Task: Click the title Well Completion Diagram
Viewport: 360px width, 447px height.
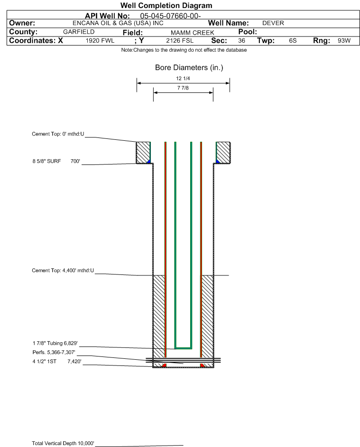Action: tap(166, 6)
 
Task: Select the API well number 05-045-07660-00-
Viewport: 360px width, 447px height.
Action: tap(171, 16)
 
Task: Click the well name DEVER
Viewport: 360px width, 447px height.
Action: tap(273, 23)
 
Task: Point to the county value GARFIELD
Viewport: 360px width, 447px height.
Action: tap(79, 32)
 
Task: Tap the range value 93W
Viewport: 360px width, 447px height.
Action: tap(344, 41)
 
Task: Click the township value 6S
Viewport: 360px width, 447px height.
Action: tap(293, 41)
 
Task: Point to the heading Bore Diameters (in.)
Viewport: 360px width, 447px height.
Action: tap(189, 68)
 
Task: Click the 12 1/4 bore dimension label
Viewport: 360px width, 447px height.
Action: tap(183, 79)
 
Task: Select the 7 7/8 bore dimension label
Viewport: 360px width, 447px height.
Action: tap(183, 88)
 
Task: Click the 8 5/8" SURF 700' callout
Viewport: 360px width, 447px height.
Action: tap(56, 161)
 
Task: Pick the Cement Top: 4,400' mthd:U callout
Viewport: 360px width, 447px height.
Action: tap(63, 271)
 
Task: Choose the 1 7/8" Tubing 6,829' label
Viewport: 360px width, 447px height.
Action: tap(55, 343)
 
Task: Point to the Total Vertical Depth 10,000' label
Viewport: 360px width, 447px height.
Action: tap(63, 443)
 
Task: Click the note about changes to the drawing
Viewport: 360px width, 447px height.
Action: tap(184, 50)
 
